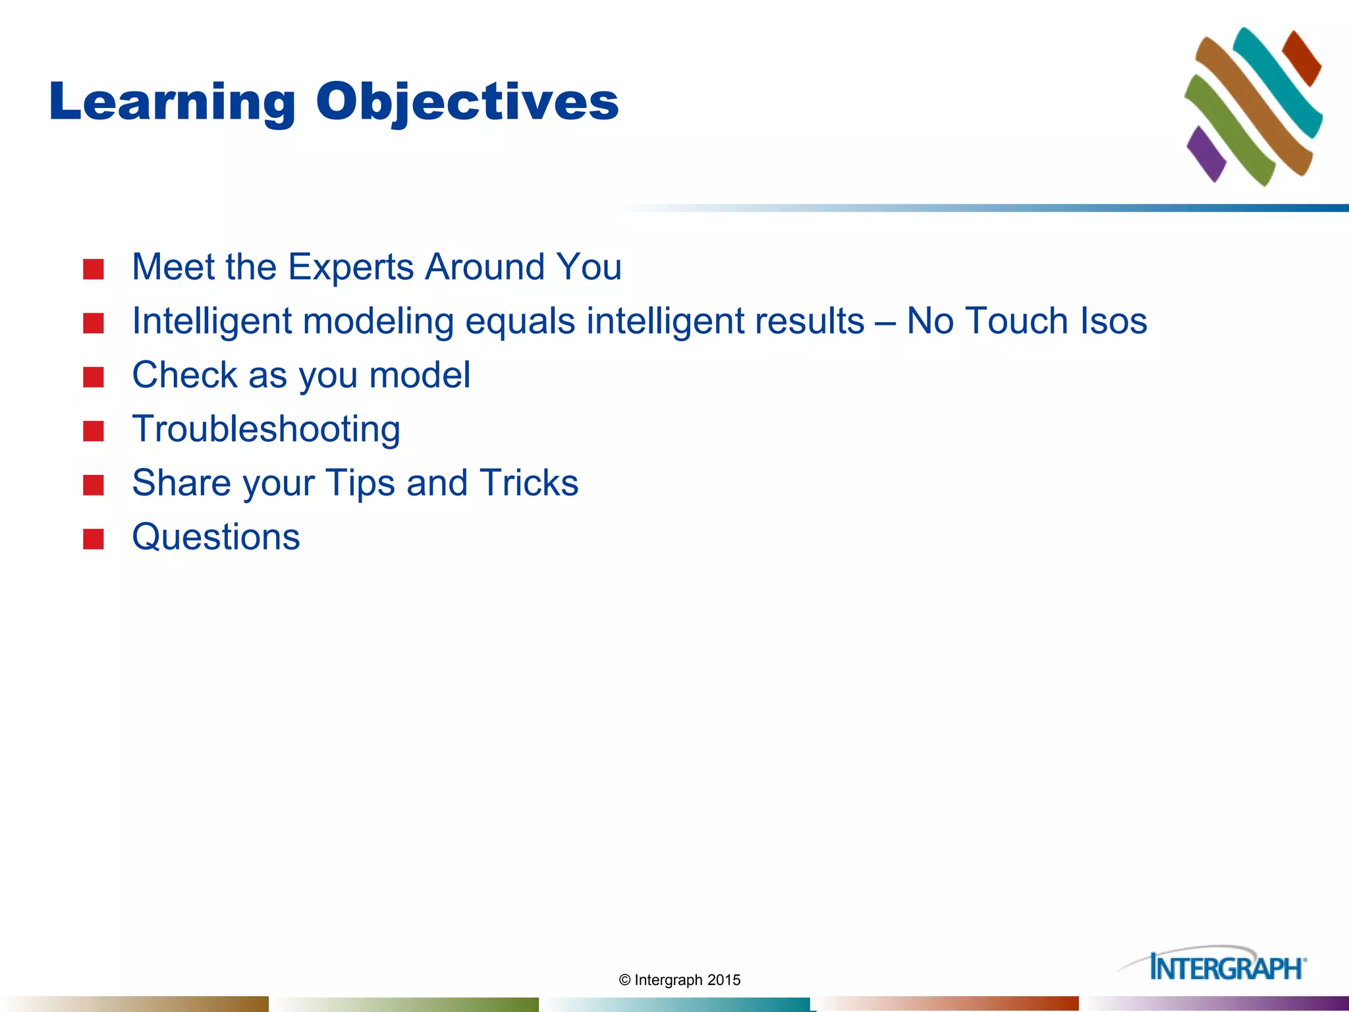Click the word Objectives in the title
point(468,103)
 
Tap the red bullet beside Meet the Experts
point(94,269)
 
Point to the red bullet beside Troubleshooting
point(94,432)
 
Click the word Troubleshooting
point(266,430)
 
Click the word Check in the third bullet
point(185,375)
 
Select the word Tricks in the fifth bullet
point(529,483)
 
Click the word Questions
point(216,537)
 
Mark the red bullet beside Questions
point(94,539)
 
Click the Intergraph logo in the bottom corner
point(1213,965)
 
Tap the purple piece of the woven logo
point(1206,154)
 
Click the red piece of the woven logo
point(1302,58)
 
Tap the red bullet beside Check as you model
point(94,378)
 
